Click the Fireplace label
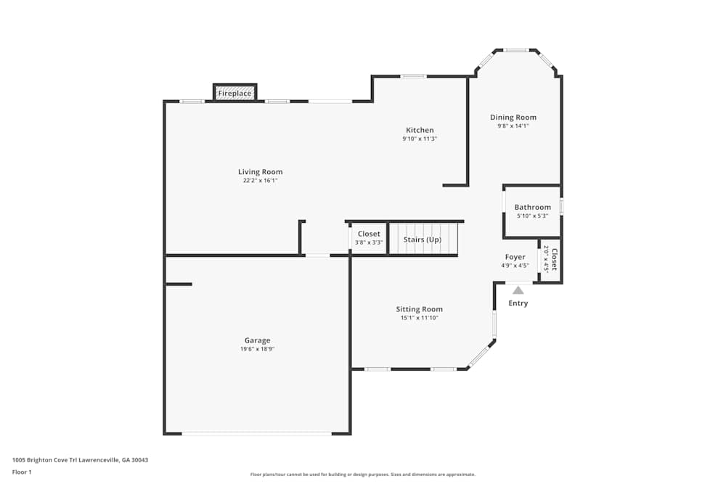[x=234, y=94]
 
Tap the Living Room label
[x=260, y=172]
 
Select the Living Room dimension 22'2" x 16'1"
[x=260, y=181]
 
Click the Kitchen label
[x=420, y=130]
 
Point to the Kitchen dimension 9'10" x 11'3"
[x=420, y=139]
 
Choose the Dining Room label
[x=513, y=117]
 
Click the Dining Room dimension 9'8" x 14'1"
[x=513, y=126]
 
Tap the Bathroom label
[x=532, y=207]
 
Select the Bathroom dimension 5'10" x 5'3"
[x=532, y=216]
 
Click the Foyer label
[x=515, y=257]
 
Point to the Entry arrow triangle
[x=518, y=290]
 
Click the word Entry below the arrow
[x=518, y=303]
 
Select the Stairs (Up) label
[x=422, y=239]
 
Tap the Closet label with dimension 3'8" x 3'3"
[x=369, y=234]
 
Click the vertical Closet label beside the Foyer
[x=554, y=259]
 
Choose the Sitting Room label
[x=419, y=309]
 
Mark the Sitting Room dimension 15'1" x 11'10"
[x=419, y=318]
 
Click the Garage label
[x=257, y=340]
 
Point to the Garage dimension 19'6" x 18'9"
[x=257, y=349]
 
